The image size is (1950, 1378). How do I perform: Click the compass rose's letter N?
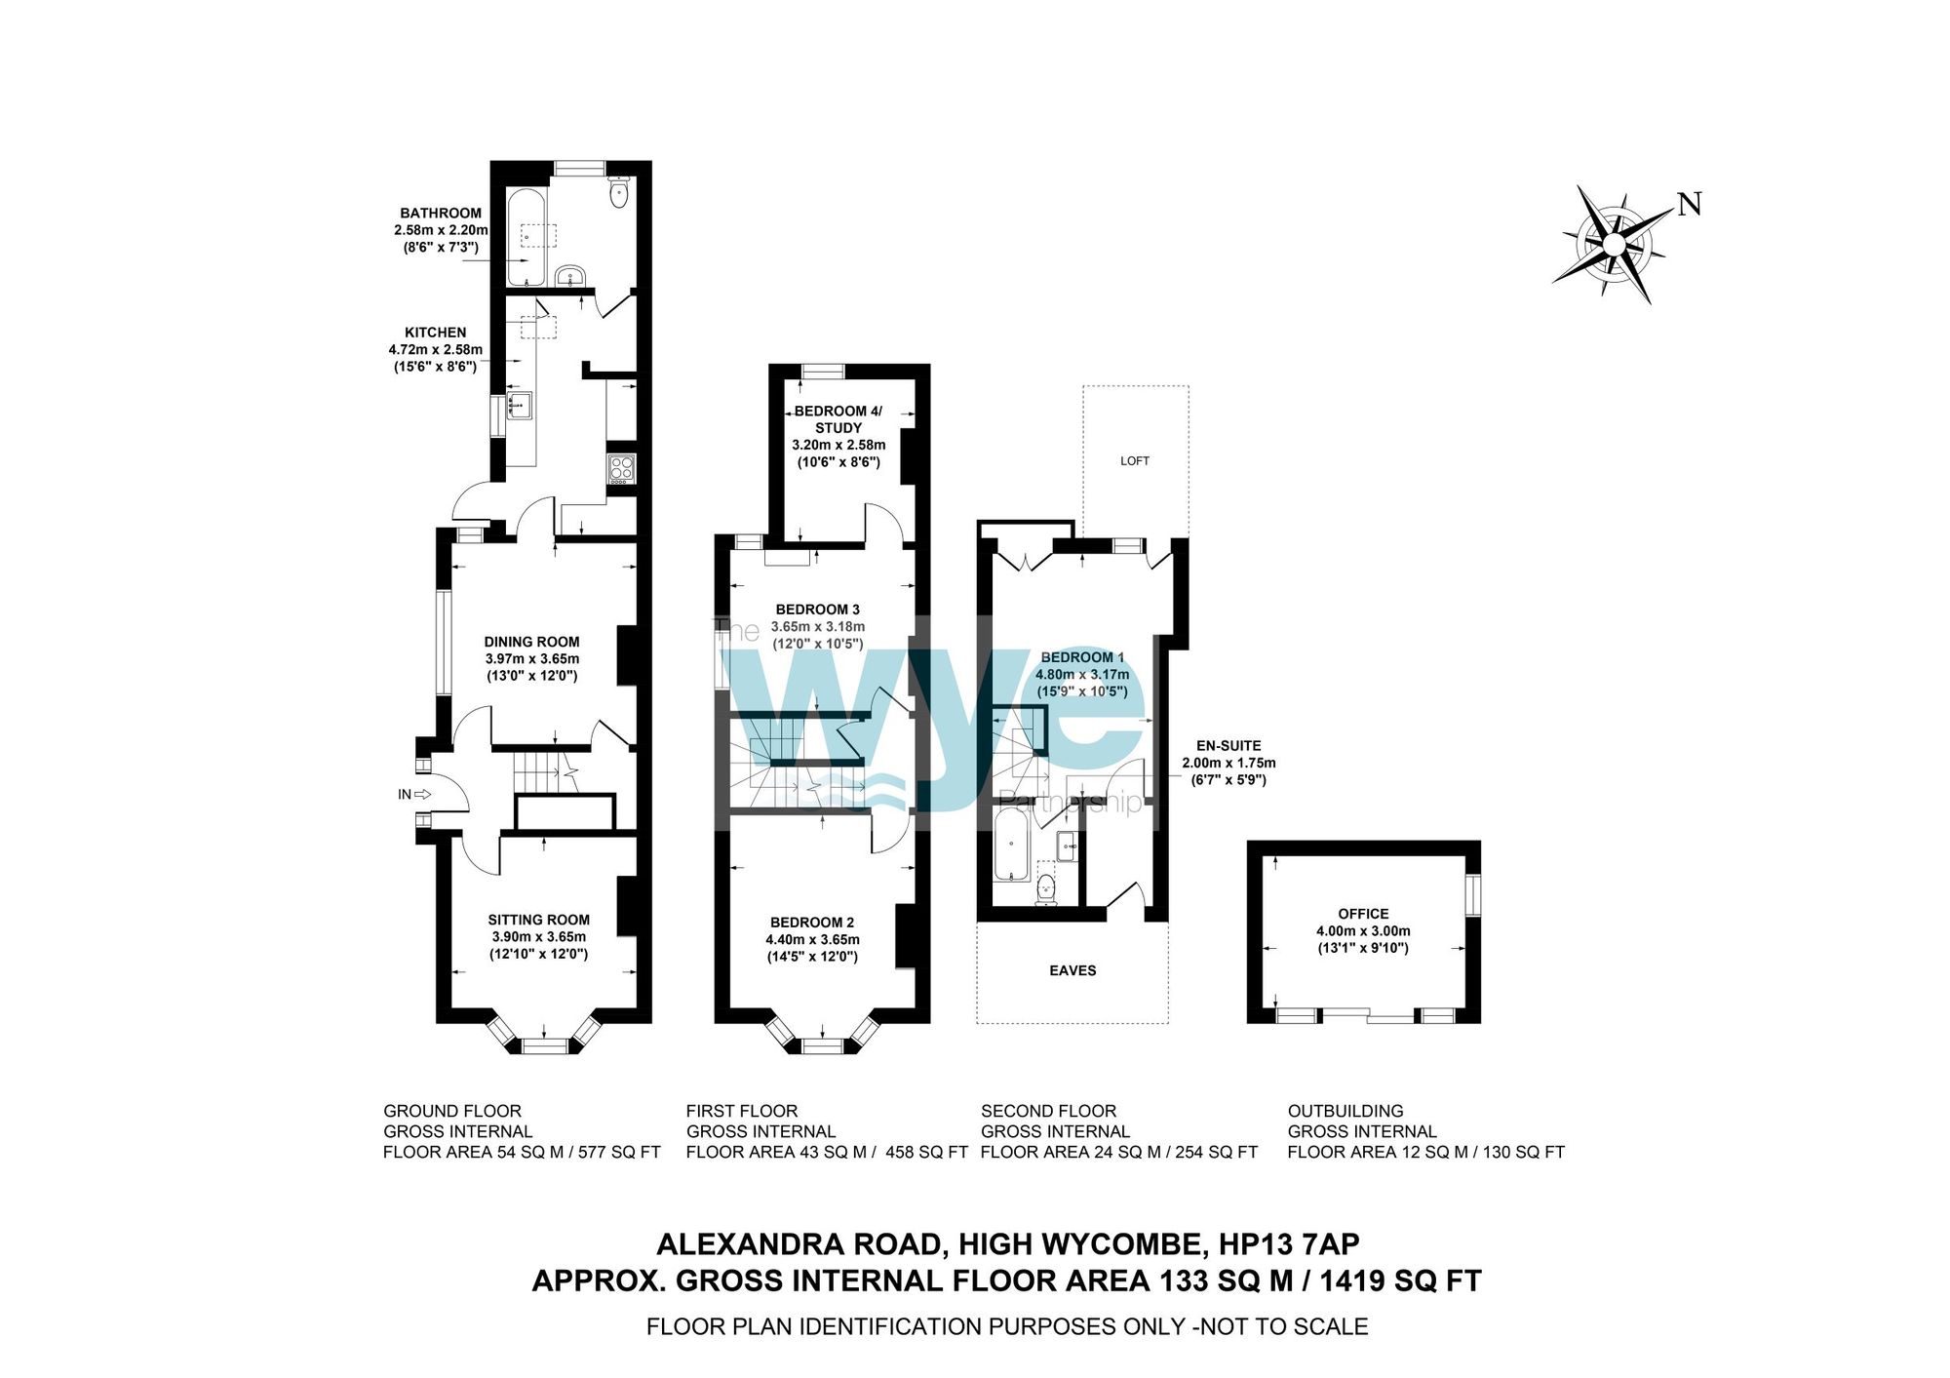[x=1690, y=205]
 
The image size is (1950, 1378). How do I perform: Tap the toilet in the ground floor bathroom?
[x=619, y=192]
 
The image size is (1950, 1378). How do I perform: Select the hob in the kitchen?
[x=621, y=469]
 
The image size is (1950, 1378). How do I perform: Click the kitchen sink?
[x=518, y=404]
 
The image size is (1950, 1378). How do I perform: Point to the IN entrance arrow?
[x=423, y=794]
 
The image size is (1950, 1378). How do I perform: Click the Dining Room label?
[x=531, y=642]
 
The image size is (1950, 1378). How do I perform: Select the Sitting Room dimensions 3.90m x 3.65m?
[x=539, y=937]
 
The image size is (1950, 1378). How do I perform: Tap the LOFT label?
[x=1135, y=461]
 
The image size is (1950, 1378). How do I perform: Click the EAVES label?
[x=1072, y=970]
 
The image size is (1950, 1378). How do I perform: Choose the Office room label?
[x=1363, y=914]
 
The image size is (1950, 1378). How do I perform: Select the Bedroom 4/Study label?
[x=838, y=419]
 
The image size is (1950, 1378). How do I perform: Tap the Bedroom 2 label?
[x=812, y=923]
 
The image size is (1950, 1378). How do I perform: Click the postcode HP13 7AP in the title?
[x=1289, y=1244]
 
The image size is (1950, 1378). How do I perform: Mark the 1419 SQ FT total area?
[x=1400, y=1280]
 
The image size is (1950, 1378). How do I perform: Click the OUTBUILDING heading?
[x=1345, y=1111]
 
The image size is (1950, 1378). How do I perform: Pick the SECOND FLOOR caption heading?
[x=1048, y=1111]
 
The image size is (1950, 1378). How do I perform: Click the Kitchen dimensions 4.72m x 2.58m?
[x=436, y=349]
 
